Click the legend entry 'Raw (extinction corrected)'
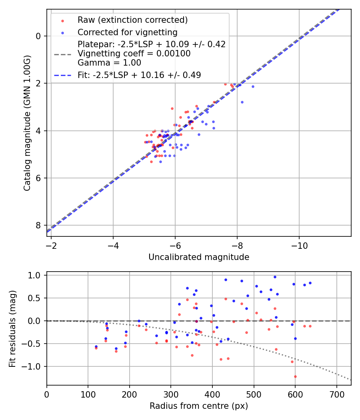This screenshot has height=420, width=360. (132, 20)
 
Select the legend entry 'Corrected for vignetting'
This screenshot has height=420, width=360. (127, 32)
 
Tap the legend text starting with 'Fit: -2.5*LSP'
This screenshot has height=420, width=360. (139, 75)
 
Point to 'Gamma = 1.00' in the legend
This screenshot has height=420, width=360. (109, 62)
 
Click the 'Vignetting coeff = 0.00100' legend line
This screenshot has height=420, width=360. (134, 54)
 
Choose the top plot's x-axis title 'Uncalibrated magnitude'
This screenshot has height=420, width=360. (199, 257)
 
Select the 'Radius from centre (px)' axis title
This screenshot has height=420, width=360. (199, 406)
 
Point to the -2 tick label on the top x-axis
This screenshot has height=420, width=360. (51, 245)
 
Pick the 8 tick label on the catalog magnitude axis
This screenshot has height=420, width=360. (38, 225)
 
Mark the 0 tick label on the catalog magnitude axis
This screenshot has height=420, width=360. (38, 36)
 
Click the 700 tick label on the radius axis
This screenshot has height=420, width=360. (336, 394)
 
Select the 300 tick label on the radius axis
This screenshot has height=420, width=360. (171, 394)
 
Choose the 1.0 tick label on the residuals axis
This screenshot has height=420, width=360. (36, 275)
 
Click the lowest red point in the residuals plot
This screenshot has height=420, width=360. (295, 376)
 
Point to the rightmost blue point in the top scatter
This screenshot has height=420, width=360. (252, 86)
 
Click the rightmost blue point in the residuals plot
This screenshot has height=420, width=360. (310, 283)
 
